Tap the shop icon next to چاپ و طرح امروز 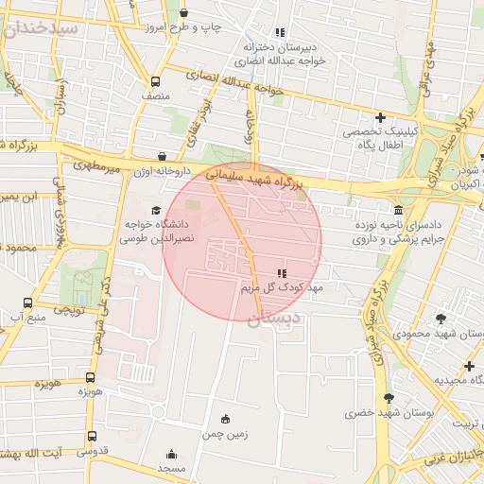183,13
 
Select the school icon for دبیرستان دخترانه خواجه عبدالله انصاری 278,33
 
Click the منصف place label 155,95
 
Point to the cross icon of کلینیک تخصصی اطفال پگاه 380,118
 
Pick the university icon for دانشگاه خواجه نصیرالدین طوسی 156,211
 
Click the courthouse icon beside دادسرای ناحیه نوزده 398,209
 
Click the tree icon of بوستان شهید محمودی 441,319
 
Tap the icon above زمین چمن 225,419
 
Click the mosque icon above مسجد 171,454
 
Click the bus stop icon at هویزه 92,374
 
